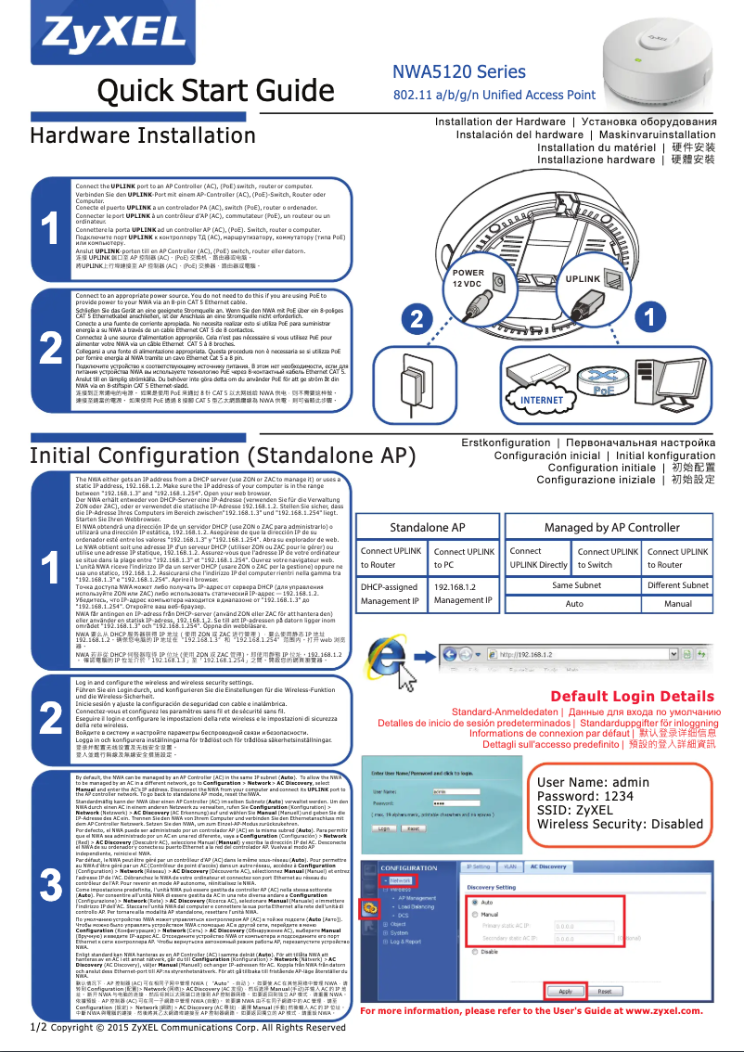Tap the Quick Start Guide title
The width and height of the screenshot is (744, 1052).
click(203, 92)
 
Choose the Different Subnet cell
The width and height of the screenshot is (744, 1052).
click(677, 585)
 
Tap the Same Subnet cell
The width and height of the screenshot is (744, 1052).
click(576, 585)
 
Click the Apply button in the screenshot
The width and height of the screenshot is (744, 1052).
click(565, 991)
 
